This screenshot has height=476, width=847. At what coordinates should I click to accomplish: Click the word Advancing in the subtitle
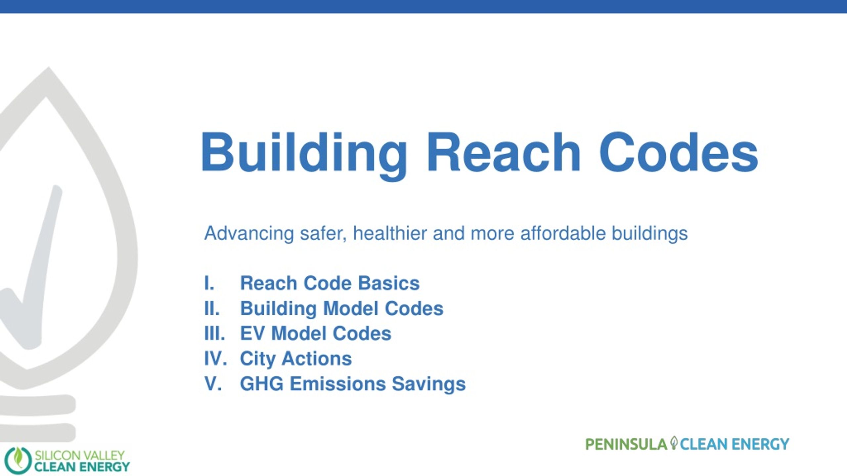coord(249,234)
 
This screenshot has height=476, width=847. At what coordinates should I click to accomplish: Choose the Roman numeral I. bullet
coord(209,283)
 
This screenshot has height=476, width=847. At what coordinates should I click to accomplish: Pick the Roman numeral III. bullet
coord(215,333)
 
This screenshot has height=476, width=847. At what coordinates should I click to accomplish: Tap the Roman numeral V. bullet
coord(213,383)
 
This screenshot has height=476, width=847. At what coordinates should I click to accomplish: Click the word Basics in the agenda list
coord(389,283)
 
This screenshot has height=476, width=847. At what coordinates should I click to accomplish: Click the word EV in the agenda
coord(252,333)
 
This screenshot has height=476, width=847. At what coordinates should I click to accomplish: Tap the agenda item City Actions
coord(296,359)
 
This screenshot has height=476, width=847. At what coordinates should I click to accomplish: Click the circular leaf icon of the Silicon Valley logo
coord(18,460)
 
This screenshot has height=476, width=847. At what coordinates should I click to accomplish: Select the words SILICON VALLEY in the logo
coord(80,456)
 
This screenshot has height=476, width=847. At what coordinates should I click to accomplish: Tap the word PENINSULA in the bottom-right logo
coord(626,444)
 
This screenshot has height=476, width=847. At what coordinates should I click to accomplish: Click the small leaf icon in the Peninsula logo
coord(674,443)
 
